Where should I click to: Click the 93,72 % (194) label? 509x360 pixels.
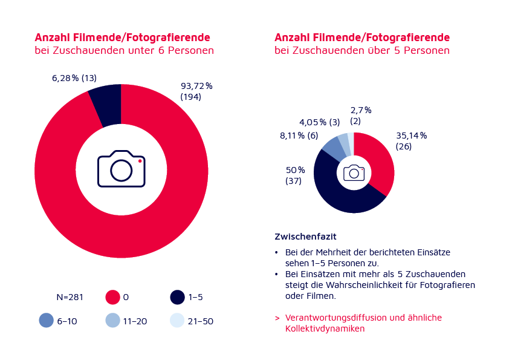pos(196,91)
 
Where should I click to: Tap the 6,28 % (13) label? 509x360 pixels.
pos(74,77)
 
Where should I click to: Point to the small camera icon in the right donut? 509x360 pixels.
pos(354,172)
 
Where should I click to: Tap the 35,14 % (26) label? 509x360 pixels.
pos(411,141)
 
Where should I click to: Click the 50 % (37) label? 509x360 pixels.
pos(295,175)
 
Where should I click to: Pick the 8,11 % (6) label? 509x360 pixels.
pos(299,136)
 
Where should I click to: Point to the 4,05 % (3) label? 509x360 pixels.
pos(319,122)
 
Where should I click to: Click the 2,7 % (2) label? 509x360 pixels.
pos(361,116)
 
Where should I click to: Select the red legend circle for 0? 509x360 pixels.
pos(113,297)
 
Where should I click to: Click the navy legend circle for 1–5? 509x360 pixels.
pos(177,297)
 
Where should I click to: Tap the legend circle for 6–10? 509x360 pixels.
pos(46,321)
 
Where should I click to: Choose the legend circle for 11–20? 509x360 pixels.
pos(113,321)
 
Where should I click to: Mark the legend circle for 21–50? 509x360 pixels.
pos(177,321)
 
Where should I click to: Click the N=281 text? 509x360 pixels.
pos(69,297)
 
